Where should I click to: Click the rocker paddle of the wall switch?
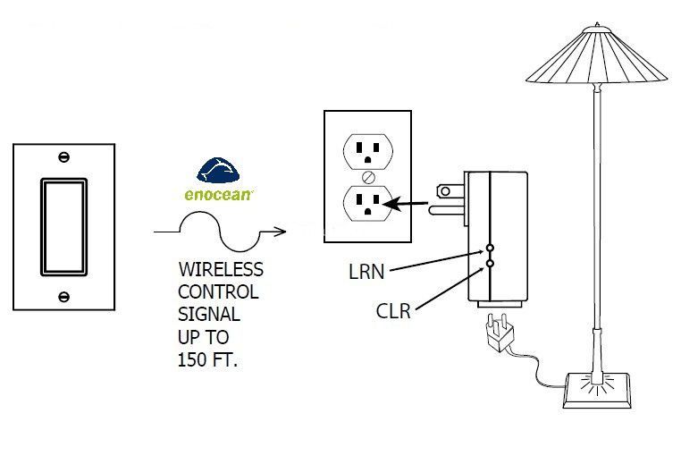tap(63, 225)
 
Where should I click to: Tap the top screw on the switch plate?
tap(63, 157)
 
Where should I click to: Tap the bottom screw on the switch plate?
tap(63, 296)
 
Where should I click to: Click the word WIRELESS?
tap(222, 269)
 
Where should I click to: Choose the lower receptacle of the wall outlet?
tap(366, 204)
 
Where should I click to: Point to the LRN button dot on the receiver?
tap(490, 247)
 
